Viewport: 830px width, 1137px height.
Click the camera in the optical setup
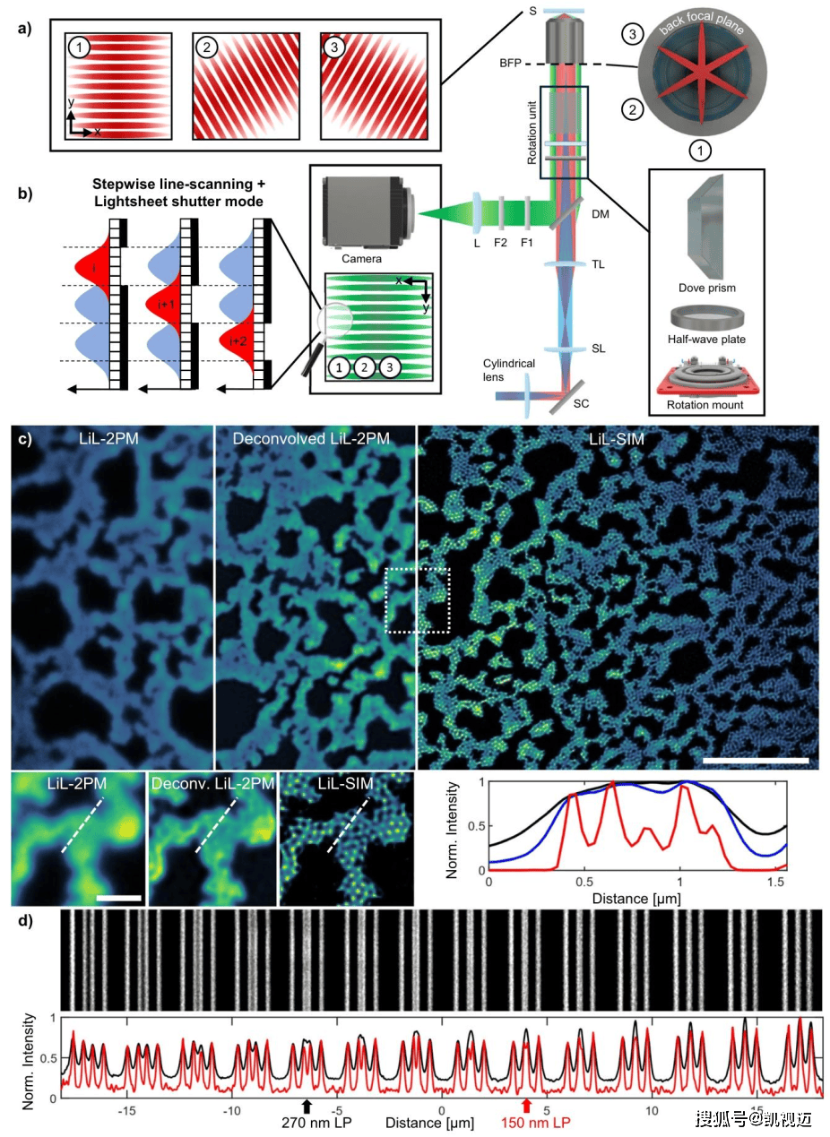370,212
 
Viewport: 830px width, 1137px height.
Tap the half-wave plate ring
708,317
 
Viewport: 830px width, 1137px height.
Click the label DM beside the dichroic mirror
600,214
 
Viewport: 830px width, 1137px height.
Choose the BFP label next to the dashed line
510,64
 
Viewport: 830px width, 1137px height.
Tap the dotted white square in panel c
418,600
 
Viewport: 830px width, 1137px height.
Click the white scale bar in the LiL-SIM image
756,760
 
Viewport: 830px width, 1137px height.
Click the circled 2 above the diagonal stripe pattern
206,47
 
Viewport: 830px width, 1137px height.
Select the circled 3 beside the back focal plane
633,35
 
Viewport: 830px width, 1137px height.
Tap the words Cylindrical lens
508,370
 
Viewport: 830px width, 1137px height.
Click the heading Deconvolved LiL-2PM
311,438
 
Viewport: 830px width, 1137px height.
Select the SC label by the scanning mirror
581,403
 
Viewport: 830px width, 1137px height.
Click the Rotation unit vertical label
532,132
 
